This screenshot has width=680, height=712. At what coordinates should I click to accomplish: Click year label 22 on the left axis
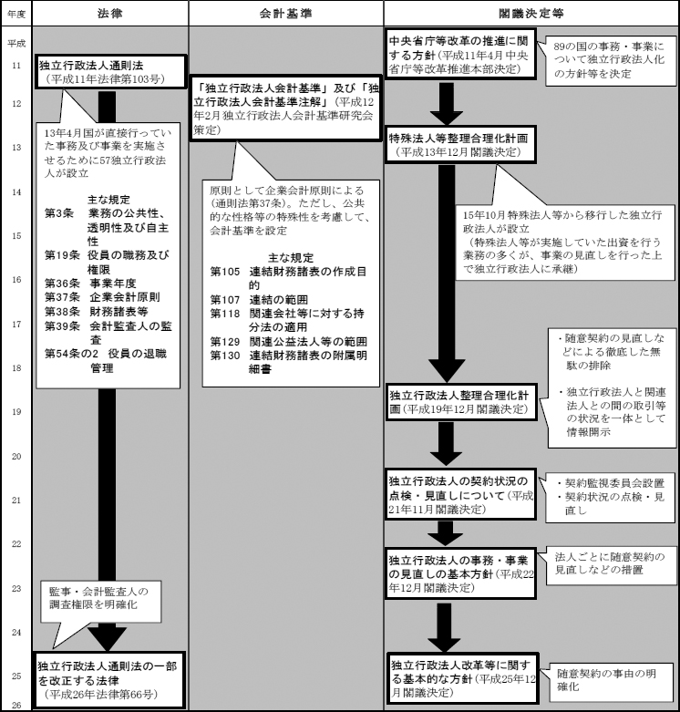[x=15, y=544]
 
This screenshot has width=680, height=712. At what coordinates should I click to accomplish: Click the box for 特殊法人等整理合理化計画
[x=457, y=143]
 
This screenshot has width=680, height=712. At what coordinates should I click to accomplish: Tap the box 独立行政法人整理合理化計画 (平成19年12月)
[x=457, y=403]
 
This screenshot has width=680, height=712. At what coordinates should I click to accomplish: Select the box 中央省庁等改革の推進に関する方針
[x=457, y=55]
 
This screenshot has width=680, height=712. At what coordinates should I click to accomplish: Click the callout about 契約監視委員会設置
[x=608, y=493]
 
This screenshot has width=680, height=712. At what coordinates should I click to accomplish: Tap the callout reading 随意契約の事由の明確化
[x=608, y=679]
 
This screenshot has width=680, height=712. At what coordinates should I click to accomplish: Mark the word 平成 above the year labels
[x=15, y=43]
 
